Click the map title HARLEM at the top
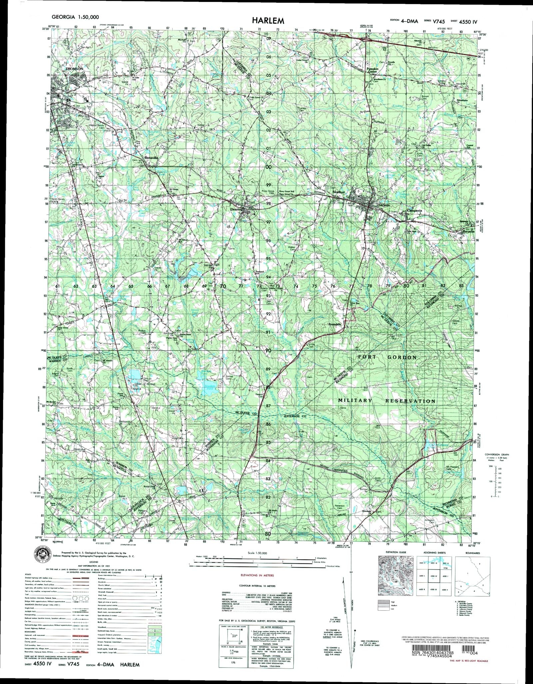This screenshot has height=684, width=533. (x=268, y=21)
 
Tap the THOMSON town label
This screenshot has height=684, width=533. (x=74, y=69)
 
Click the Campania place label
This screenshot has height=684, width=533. (x=414, y=211)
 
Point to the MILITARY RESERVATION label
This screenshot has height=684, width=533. (x=386, y=401)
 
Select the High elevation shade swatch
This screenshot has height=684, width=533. (x=383, y=602)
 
